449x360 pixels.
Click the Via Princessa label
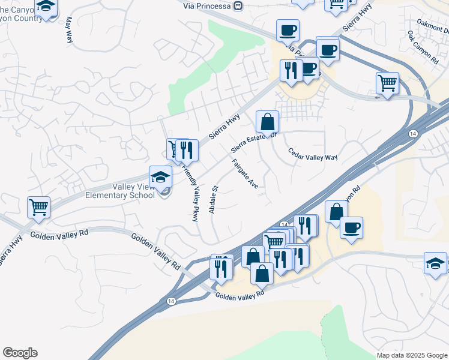coord(208,5)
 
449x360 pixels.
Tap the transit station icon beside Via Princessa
coord(238,5)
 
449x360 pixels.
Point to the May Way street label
coord(68,28)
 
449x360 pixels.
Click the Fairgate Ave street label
coord(245,174)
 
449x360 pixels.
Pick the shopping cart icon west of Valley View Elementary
coord(38,207)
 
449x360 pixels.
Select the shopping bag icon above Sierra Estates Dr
coord(267,121)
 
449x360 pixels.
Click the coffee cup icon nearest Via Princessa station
coord(288,30)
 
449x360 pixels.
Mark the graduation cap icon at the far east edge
coord(435,263)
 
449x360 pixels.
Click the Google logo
coord(20,353)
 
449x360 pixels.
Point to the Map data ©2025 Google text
coord(411,355)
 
